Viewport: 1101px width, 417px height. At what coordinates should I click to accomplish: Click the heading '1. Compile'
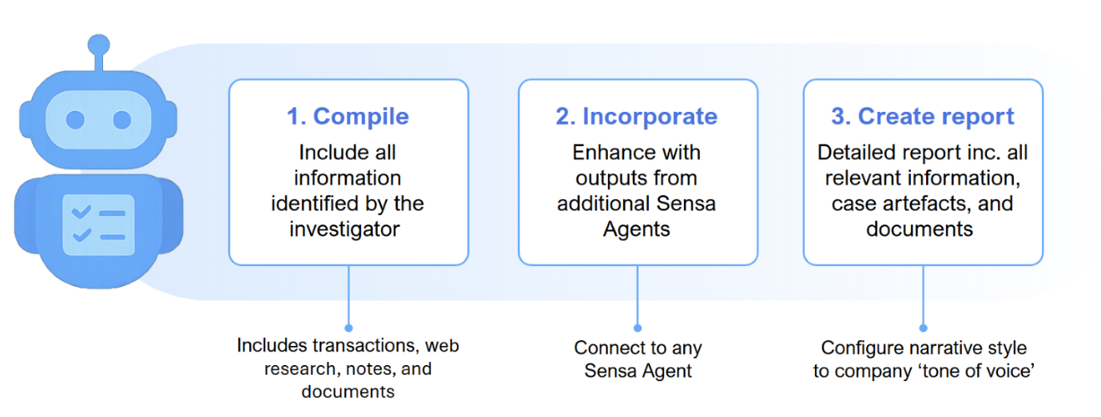pos(348,117)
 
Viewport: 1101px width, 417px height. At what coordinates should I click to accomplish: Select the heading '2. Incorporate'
pos(637,117)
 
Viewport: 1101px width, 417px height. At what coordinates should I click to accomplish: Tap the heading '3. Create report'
pos(923,117)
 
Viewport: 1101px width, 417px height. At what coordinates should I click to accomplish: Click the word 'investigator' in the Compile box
pos(344,229)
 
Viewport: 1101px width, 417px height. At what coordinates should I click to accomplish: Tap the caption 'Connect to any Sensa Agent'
pos(638,359)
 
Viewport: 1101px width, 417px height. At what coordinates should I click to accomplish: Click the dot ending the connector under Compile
pos(348,328)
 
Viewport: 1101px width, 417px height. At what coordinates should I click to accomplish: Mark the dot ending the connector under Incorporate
pos(638,328)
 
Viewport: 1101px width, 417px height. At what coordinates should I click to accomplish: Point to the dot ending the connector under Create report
pos(923,328)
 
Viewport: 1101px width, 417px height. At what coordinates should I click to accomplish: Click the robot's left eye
pos(75,120)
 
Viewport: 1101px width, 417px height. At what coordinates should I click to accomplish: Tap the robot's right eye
pos(121,120)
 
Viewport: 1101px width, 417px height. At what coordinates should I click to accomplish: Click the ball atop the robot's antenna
pos(98,46)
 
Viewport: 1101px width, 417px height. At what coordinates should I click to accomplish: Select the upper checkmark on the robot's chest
pos(81,212)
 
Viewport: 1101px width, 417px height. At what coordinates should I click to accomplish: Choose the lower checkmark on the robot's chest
pos(81,236)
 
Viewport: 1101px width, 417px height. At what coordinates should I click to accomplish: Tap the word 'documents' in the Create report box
pos(920,229)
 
